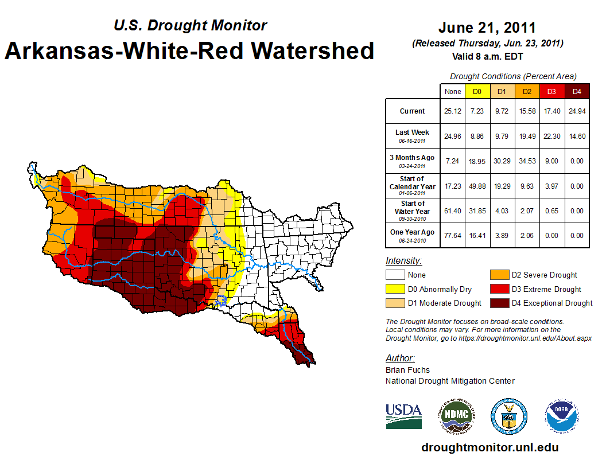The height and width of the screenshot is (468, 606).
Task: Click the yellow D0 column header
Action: (x=477, y=91)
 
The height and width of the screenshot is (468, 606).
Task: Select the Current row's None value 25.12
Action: (x=452, y=111)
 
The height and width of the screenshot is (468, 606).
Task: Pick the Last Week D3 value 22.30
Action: (x=551, y=136)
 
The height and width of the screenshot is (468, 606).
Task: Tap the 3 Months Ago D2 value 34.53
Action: (x=526, y=162)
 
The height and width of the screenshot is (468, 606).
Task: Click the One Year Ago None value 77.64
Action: (x=452, y=236)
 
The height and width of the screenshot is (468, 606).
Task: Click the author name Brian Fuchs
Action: (x=407, y=370)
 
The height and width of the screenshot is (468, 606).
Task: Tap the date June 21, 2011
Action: (x=487, y=28)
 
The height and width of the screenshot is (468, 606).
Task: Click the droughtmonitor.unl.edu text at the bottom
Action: (x=490, y=447)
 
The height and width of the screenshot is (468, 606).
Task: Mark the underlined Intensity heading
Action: (x=404, y=261)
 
